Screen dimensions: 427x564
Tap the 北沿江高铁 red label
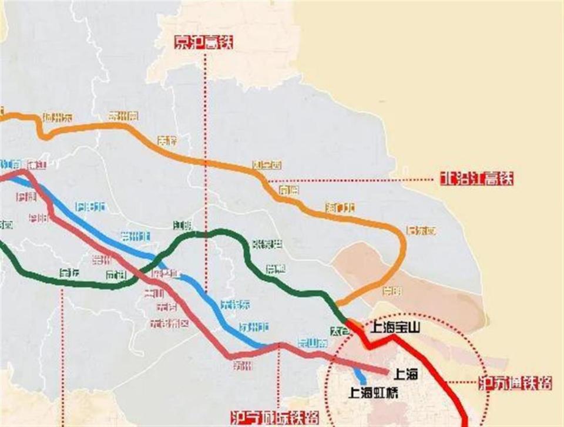coord(476,179)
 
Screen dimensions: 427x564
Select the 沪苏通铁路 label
coord(515,384)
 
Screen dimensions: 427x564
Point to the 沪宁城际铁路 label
coord(275,418)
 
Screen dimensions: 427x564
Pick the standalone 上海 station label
coord(406,373)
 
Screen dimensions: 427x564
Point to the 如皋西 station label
coord(267,166)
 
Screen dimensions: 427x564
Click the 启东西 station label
coord(422,231)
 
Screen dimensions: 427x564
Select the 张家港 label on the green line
coord(267,244)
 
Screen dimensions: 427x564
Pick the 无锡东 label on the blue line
coord(235,304)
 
